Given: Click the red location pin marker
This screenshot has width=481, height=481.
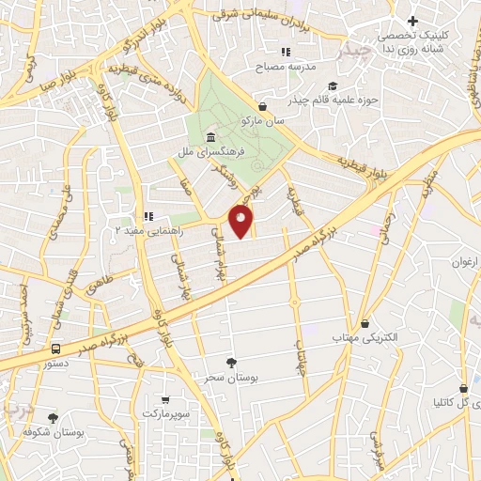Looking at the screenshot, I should pos(241,222).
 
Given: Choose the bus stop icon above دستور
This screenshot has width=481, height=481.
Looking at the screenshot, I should pos(56,347).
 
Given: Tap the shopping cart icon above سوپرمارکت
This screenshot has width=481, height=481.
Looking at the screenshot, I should pos(165,398).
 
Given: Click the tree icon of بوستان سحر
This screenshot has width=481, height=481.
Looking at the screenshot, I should pos(232,362).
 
